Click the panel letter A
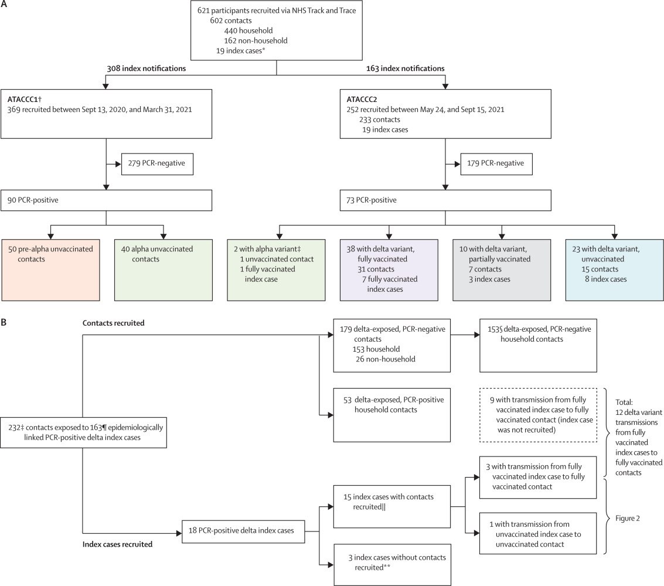point(4,4)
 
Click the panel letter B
point(4,323)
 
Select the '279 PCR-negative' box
point(157,164)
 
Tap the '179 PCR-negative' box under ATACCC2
point(496,164)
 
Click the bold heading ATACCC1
point(24,100)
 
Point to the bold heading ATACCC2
point(362,100)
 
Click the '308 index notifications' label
point(146,68)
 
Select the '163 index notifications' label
point(406,68)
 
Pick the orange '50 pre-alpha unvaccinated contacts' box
point(51,270)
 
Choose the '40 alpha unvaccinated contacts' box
point(164,270)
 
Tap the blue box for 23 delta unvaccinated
point(614,270)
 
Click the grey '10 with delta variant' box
point(502,270)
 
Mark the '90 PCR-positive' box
point(106,200)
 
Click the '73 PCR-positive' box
point(445,200)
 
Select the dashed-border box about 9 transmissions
point(538,415)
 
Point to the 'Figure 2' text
point(628,518)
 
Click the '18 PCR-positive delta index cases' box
point(243,532)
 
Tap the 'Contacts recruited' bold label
point(114,323)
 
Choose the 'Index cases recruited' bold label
point(117,544)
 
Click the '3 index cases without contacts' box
point(392,564)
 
